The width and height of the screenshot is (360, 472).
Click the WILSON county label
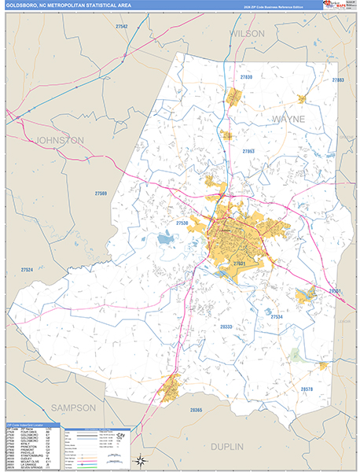pos(248,34)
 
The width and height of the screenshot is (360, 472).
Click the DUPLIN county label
pos(250,445)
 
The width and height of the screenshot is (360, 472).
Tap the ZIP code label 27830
pos(246,77)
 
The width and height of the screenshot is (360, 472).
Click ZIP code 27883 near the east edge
pos(338,80)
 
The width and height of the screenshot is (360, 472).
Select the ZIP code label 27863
pos(248,150)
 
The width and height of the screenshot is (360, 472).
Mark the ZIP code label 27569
pos(101,194)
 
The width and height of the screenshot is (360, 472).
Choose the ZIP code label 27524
pos(28,269)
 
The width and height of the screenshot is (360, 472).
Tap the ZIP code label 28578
pos(307,389)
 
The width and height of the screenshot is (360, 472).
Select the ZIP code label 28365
pos(196,410)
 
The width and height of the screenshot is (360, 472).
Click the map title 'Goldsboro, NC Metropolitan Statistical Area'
pos(67,6)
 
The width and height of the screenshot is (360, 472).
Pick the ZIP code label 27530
pos(182,223)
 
